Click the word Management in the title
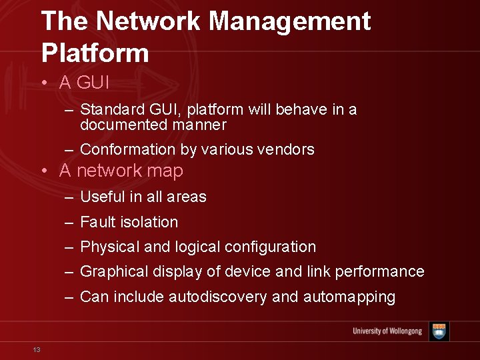point(289,21)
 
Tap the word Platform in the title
point(95,52)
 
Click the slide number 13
point(37,350)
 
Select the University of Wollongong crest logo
point(439,331)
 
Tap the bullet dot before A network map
point(44,171)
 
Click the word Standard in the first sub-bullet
point(109,109)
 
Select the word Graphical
point(114,271)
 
